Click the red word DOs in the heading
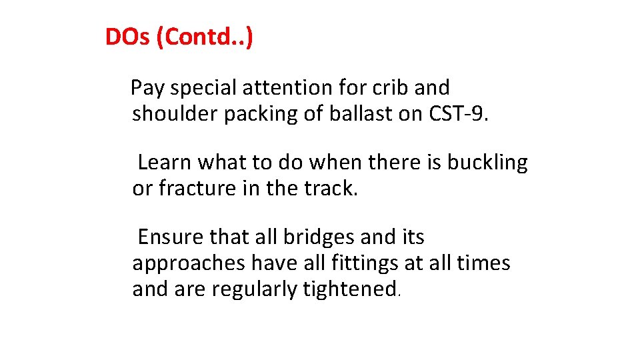point(127,37)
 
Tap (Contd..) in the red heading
point(204,38)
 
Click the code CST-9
point(457,114)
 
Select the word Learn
point(165,162)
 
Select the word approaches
point(189,264)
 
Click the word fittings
point(365,264)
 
